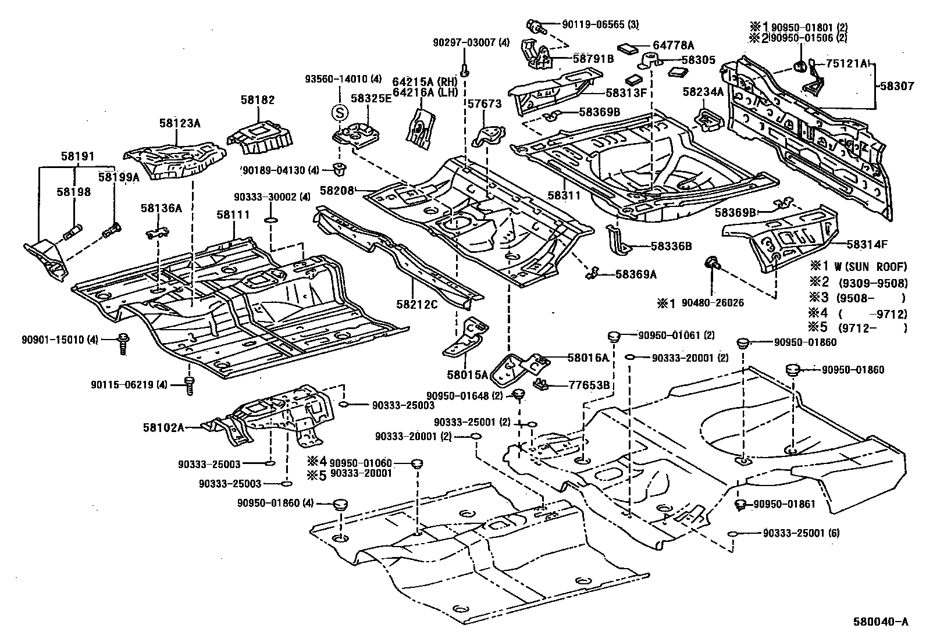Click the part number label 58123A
[179, 123]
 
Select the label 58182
[257, 100]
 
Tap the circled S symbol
[339, 112]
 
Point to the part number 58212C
[416, 304]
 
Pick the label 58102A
[163, 427]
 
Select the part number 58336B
[671, 246]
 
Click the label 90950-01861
[785, 504]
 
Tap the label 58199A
[119, 177]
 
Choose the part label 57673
[484, 103]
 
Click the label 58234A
[703, 91]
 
